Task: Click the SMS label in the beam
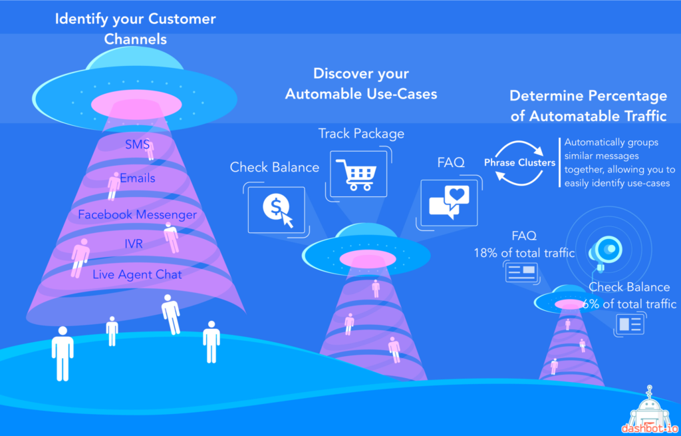137,144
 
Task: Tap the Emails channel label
137,178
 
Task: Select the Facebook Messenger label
137,214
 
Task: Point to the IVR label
133,244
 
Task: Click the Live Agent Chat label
137,274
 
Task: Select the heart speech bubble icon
450,202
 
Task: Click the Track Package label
361,133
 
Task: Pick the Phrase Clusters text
520,162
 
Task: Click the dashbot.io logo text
649,428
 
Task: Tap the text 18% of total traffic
524,253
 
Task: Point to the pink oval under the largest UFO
136,105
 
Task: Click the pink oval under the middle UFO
367,259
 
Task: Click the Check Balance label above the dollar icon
275,167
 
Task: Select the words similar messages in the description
601,156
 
